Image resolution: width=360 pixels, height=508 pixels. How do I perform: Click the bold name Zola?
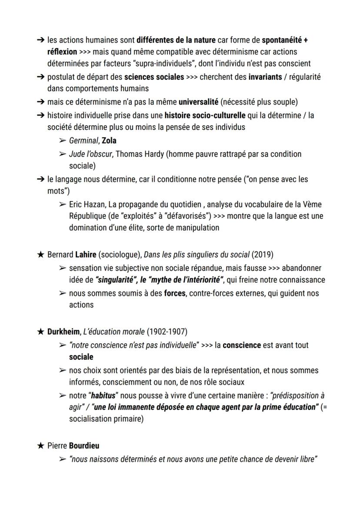(109, 141)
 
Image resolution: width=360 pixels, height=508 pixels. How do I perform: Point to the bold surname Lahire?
(86, 255)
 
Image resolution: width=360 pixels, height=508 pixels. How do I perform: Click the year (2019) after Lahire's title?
(263, 255)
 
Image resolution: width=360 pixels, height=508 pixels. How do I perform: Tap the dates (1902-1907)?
(167, 332)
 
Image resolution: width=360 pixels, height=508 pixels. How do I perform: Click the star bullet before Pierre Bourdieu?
(40, 446)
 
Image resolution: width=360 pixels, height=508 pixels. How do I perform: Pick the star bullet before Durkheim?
(40, 332)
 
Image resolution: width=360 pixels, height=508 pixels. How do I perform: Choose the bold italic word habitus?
(102, 396)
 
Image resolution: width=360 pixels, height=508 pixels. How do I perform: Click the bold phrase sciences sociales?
(154, 77)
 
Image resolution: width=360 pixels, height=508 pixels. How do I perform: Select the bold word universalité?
(198, 102)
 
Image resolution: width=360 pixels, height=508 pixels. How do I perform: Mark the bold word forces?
(174, 293)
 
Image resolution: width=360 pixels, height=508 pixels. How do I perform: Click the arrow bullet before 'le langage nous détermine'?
(40, 179)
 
